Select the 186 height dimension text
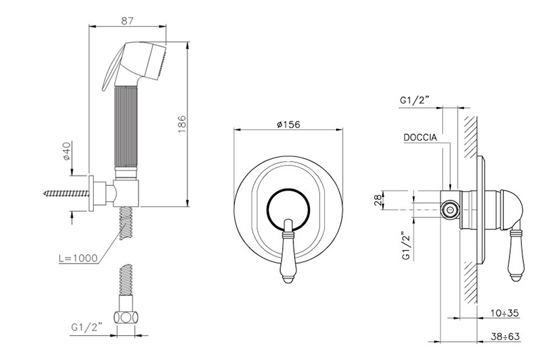(182, 124)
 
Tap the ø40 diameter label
(66, 150)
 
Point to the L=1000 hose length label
(78, 258)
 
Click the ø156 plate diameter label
(288, 124)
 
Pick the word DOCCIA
(420, 137)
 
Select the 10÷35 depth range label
(505, 313)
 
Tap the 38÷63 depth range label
(505, 336)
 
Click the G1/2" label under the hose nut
(87, 327)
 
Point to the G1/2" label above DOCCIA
(415, 100)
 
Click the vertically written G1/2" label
(408, 246)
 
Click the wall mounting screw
(66, 194)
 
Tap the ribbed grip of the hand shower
(125, 125)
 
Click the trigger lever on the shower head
(112, 68)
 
